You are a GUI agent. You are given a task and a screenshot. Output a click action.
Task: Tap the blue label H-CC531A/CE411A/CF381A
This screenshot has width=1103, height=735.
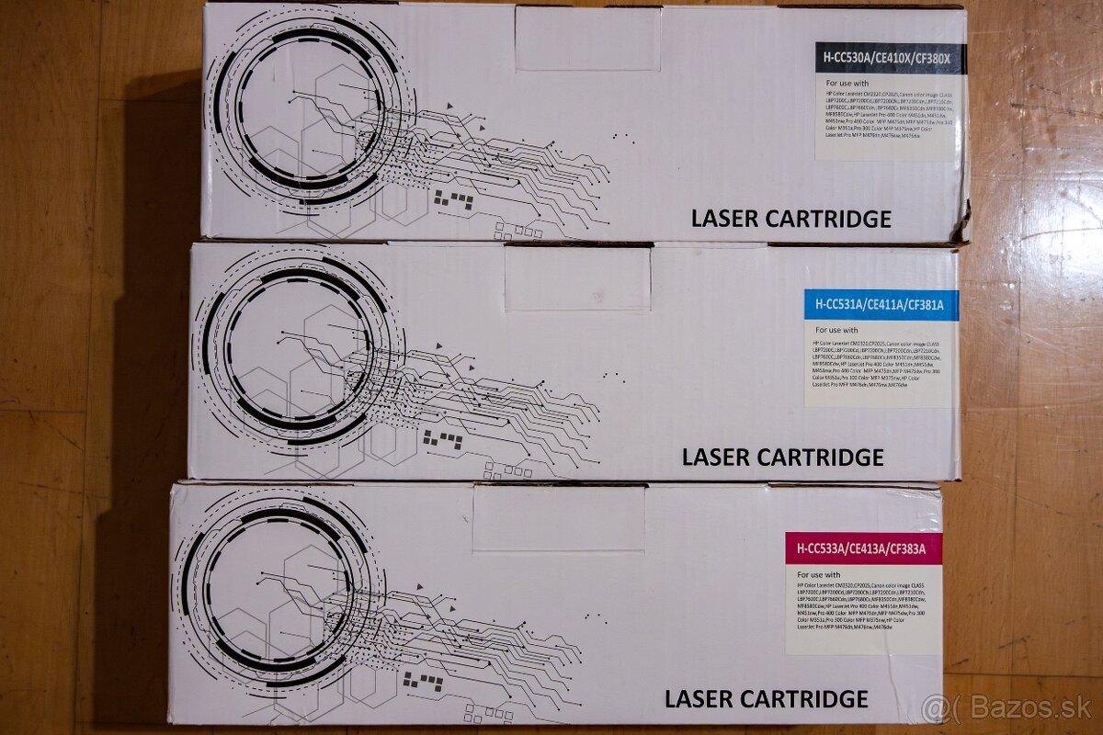pyautogui.click(x=881, y=305)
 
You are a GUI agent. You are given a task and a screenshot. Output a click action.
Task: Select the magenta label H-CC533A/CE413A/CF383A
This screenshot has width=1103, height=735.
pyautogui.click(x=863, y=549)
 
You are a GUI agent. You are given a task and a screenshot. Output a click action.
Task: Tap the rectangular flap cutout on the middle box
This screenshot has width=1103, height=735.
pyautogui.click(x=577, y=278)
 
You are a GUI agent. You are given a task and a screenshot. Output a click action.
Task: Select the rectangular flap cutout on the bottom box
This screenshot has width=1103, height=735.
pyautogui.click(x=559, y=518)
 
